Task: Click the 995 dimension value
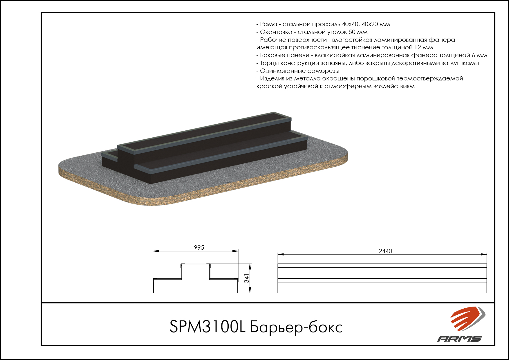pos(199,248)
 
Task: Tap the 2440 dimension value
pos(385,251)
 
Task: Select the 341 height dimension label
pos(247,278)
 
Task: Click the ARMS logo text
pos(459,339)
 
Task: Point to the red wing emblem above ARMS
pos(467,318)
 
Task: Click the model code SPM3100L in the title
pos(207,327)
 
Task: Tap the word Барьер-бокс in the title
pos(296,327)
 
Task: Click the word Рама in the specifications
pos(268,24)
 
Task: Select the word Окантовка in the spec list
pos(276,32)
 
